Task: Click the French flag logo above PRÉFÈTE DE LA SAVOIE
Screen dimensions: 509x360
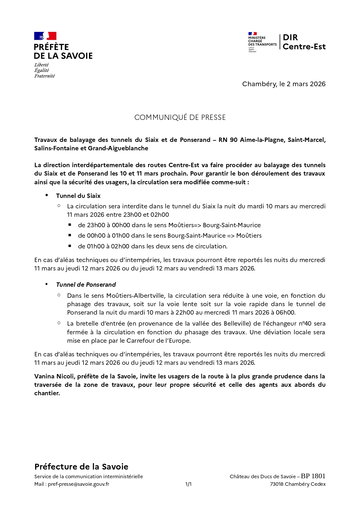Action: coord(45,36)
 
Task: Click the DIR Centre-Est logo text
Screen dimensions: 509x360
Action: coord(304,42)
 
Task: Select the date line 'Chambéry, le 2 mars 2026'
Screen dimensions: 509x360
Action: coord(284,84)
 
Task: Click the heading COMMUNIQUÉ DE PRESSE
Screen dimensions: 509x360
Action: coord(180,118)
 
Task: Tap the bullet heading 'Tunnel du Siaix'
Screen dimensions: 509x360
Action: coord(78,196)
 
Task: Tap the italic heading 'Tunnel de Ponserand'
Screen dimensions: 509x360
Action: coord(86,285)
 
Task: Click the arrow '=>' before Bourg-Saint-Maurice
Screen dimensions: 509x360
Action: coord(197,225)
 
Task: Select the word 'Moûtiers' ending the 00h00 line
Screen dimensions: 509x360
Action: coord(249,236)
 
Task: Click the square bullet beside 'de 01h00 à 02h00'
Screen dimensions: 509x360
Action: coord(70,246)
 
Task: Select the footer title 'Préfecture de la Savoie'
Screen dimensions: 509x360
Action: coord(81,467)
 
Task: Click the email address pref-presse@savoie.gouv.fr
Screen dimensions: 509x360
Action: coord(78,484)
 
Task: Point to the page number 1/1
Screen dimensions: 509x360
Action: coord(188,484)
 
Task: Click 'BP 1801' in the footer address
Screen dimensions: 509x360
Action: coord(313,476)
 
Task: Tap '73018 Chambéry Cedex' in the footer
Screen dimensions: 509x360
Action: coord(298,484)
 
